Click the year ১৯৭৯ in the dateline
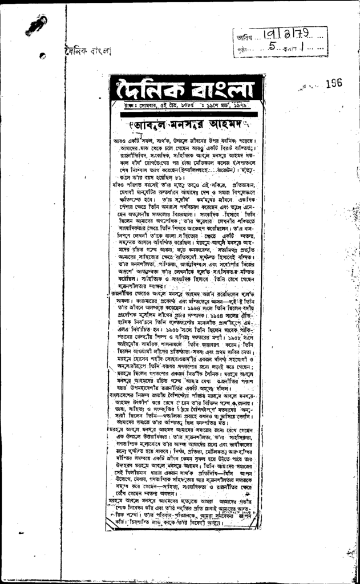tap(246, 106)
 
